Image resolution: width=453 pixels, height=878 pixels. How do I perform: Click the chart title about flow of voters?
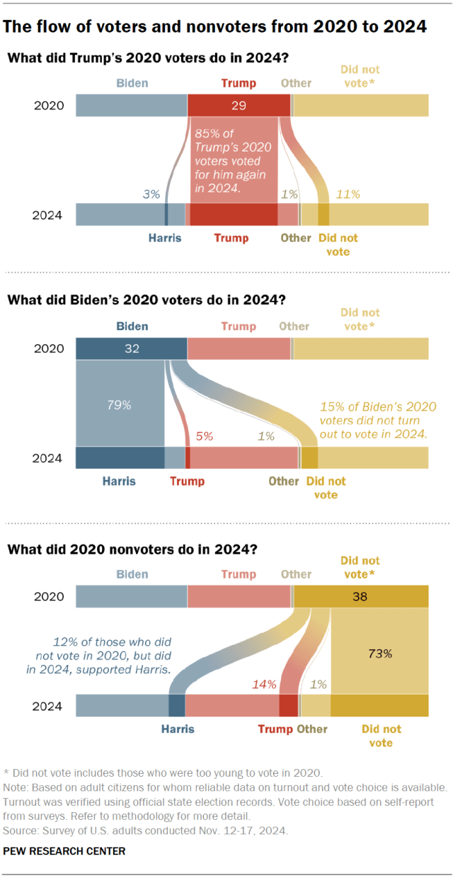215,27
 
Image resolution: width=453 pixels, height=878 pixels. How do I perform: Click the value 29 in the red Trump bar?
239,106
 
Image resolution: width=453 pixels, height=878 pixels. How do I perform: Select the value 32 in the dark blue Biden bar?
131,348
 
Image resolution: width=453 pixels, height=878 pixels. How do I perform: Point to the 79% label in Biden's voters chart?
120,406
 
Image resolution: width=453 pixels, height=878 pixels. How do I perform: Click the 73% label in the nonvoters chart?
379,654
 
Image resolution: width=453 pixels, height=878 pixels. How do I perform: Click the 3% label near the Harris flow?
151,193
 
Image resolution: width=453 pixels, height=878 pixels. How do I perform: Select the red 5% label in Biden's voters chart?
204,436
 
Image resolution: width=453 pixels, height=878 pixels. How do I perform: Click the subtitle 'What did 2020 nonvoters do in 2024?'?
132,549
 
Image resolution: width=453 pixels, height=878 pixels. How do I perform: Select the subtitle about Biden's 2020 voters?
147,300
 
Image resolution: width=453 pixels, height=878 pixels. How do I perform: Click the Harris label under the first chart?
164,238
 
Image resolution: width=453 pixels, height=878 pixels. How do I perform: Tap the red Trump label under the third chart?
275,729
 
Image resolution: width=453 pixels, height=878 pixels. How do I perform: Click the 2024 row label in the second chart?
48,458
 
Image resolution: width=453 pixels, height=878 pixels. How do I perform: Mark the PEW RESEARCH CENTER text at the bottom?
64,850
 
